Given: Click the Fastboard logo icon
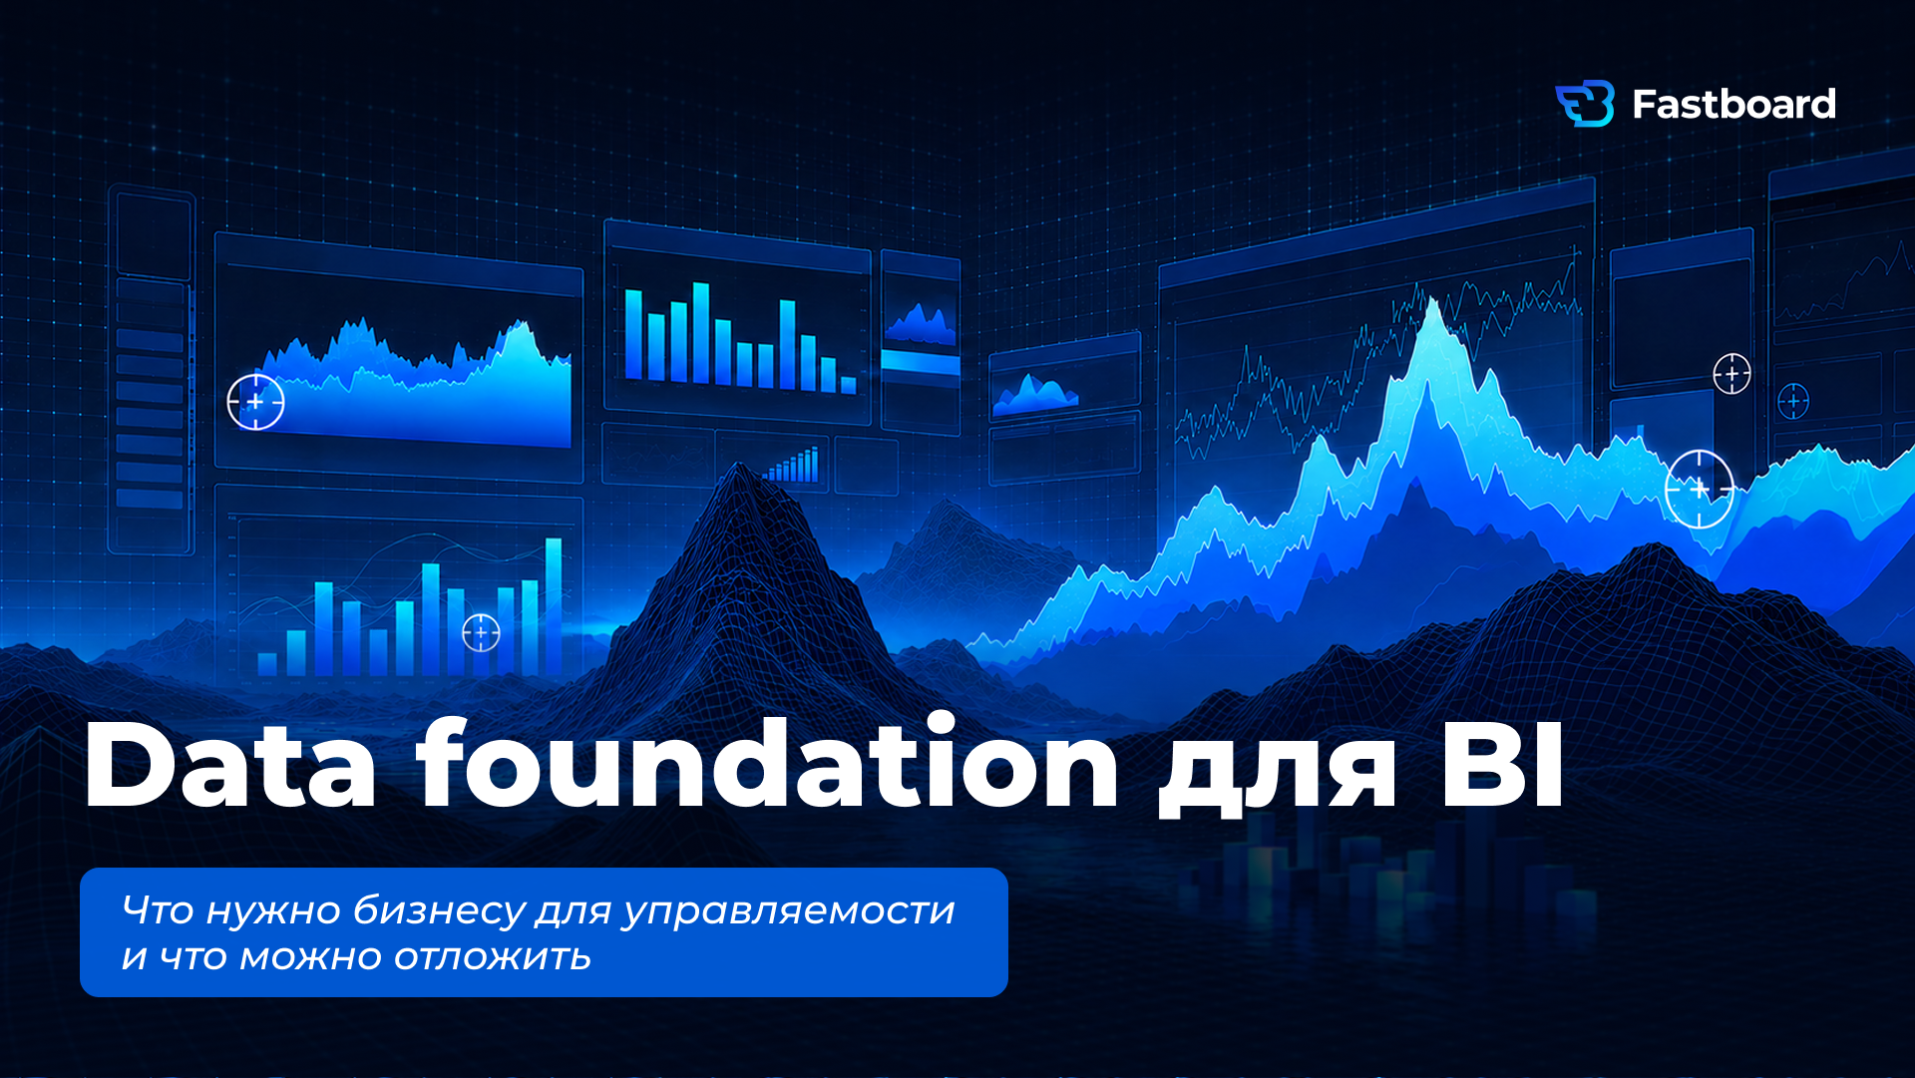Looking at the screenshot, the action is point(1585,104).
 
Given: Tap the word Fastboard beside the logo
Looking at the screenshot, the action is point(1733,105).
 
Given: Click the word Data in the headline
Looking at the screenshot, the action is point(230,764).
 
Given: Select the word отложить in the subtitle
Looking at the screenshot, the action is point(492,957).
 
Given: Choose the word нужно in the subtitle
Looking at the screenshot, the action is point(273,910).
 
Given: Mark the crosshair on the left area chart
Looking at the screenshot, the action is point(255,402).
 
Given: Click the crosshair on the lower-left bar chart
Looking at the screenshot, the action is point(481,632).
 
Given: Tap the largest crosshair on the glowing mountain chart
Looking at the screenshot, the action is point(1700,489).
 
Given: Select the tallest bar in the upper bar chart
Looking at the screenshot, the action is point(701,333).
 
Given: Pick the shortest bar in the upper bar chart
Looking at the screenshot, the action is point(848,385).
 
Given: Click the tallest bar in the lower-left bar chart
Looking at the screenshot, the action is point(554,606).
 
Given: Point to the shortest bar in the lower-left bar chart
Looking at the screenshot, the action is point(267,664).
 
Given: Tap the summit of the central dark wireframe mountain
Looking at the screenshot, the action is point(739,465).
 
